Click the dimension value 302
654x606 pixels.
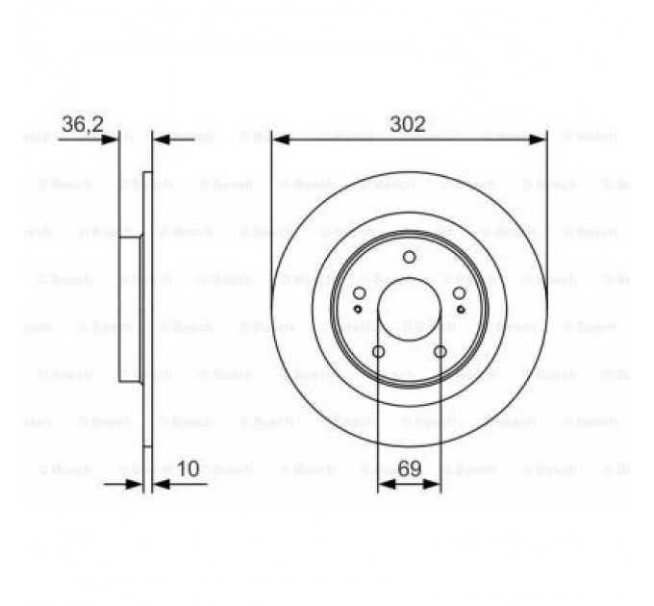[x=408, y=124]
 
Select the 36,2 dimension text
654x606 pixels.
[x=80, y=124]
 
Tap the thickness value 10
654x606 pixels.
[x=189, y=468]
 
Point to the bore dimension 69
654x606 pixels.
[x=410, y=468]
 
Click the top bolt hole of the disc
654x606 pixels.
[x=409, y=257]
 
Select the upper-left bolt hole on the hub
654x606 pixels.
[x=359, y=293]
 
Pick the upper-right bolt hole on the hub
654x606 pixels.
[x=459, y=293]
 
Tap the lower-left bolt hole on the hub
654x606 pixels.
[x=378, y=352]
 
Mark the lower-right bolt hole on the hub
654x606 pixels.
[x=440, y=352]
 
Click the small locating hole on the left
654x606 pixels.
[x=358, y=309]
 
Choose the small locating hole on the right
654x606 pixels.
[x=461, y=309]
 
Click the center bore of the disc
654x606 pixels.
[x=409, y=310]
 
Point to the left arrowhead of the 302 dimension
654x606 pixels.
[x=280, y=139]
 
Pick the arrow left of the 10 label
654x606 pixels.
[x=136, y=485]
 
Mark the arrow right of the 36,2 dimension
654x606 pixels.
[x=161, y=139]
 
